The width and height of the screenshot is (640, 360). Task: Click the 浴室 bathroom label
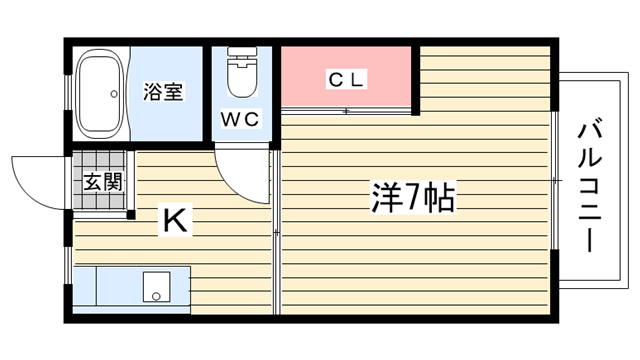pyautogui.click(x=163, y=91)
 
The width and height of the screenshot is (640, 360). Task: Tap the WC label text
pyautogui.click(x=240, y=119)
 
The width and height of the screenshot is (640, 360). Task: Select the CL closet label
pyautogui.click(x=346, y=79)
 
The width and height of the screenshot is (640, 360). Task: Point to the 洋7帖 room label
pyautogui.click(x=413, y=198)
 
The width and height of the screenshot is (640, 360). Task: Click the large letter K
pyautogui.click(x=175, y=220)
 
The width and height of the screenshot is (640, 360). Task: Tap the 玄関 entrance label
pyautogui.click(x=103, y=182)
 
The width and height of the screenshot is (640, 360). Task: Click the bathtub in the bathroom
pyautogui.click(x=100, y=94)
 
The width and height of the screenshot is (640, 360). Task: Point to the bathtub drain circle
pyautogui.click(x=114, y=94)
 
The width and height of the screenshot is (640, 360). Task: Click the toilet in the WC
pyautogui.click(x=242, y=72)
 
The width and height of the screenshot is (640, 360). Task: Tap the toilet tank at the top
pyautogui.click(x=242, y=51)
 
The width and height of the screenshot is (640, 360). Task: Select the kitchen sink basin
pyautogui.click(x=156, y=287)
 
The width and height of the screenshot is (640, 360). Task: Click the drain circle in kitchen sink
pyautogui.click(x=156, y=296)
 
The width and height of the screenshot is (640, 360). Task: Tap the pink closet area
pyautogui.click(x=346, y=77)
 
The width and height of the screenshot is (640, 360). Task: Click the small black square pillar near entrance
pyautogui.click(x=131, y=215)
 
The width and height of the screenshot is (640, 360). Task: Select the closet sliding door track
pyautogui.click(x=346, y=111)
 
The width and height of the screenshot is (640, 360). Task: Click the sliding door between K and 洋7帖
pyautogui.click(x=276, y=233)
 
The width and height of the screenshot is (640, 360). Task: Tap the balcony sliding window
pyautogui.click(x=554, y=180)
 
